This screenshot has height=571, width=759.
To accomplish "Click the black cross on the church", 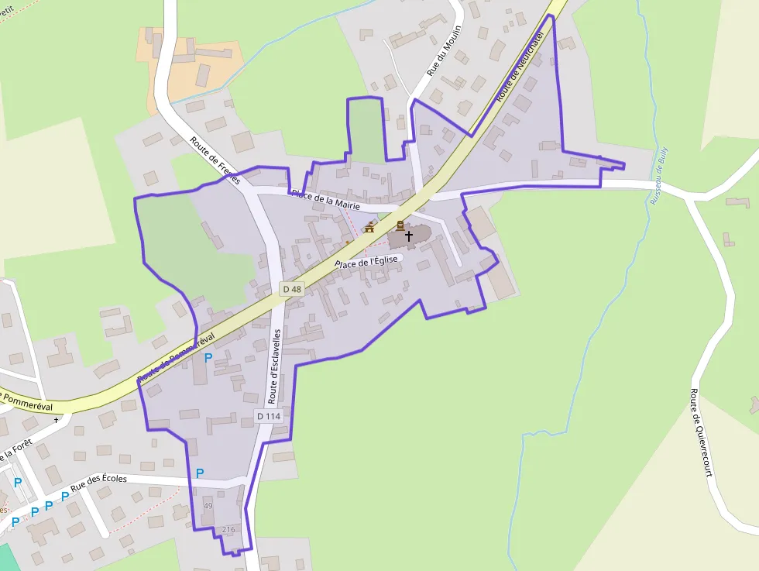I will pyautogui.click(x=409, y=234).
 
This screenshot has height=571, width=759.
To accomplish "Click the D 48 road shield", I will pyautogui.click(x=292, y=289).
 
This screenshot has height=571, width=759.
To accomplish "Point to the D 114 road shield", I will pyautogui.click(x=269, y=416).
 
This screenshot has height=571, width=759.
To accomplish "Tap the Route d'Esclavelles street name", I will pyautogui.click(x=275, y=366).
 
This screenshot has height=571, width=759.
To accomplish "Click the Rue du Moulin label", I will pyautogui.click(x=444, y=50).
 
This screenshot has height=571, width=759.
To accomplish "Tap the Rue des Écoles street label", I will pyautogui.click(x=98, y=483).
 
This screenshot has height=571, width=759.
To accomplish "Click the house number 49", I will pyautogui.click(x=208, y=506).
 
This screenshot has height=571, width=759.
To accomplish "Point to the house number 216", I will pyautogui.click(x=228, y=529).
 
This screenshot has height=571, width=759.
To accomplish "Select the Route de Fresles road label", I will pyautogui.click(x=215, y=161).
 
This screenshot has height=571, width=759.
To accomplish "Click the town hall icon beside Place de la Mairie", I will pyautogui.click(x=369, y=228).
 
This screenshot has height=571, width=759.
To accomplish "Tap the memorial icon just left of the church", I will pyautogui.click(x=400, y=225).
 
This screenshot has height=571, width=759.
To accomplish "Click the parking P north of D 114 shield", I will pyautogui.click(x=208, y=358).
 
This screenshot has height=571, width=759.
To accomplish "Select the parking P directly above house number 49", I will pyautogui.click(x=200, y=473).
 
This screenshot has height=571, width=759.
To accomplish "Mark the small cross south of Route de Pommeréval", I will pyautogui.click(x=57, y=420).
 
